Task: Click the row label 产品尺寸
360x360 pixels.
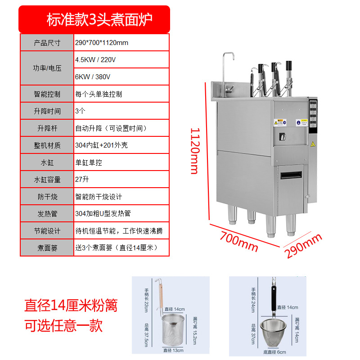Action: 47,43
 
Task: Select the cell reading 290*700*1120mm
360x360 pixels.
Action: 102,43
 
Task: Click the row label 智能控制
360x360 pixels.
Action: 47,94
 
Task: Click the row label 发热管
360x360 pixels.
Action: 47,213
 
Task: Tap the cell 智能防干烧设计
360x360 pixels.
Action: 99,197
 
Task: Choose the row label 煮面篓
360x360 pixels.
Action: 47,247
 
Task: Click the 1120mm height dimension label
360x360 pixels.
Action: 194,150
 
